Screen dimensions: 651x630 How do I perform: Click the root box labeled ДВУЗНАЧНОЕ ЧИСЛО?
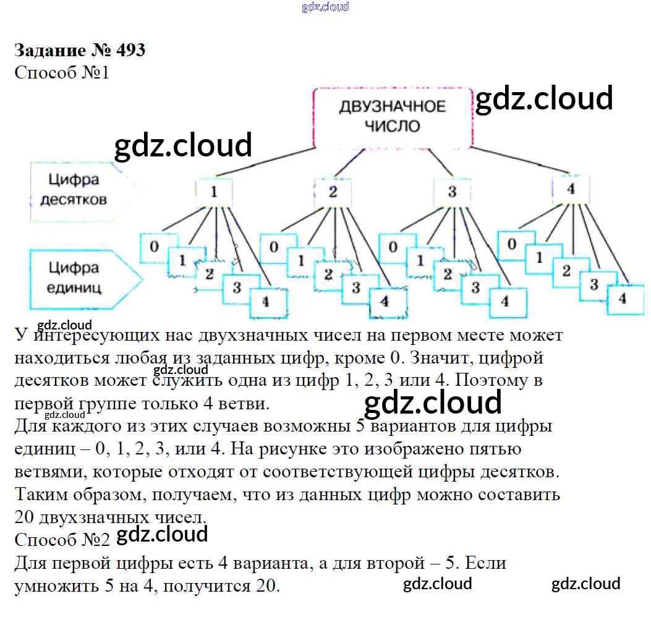pos(393,118)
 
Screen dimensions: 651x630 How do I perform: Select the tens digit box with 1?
pos(214,192)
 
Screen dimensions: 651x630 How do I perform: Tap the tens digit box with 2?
pos(333,192)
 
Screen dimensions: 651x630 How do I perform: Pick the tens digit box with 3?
pos(452,192)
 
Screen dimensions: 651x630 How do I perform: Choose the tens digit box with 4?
pos(571,189)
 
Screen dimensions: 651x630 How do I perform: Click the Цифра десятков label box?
pos(79,191)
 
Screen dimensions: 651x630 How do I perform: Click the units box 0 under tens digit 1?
pos(154,248)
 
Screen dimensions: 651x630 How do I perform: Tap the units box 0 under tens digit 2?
pos(274,248)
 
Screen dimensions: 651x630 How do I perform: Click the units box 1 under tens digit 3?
pos(420,262)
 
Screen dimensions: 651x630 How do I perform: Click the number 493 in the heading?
pos(131,50)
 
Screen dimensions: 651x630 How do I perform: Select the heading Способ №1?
pos(62,73)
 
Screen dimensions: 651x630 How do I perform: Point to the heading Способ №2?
pos(62,540)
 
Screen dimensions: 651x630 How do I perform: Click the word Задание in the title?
pos(50,51)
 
